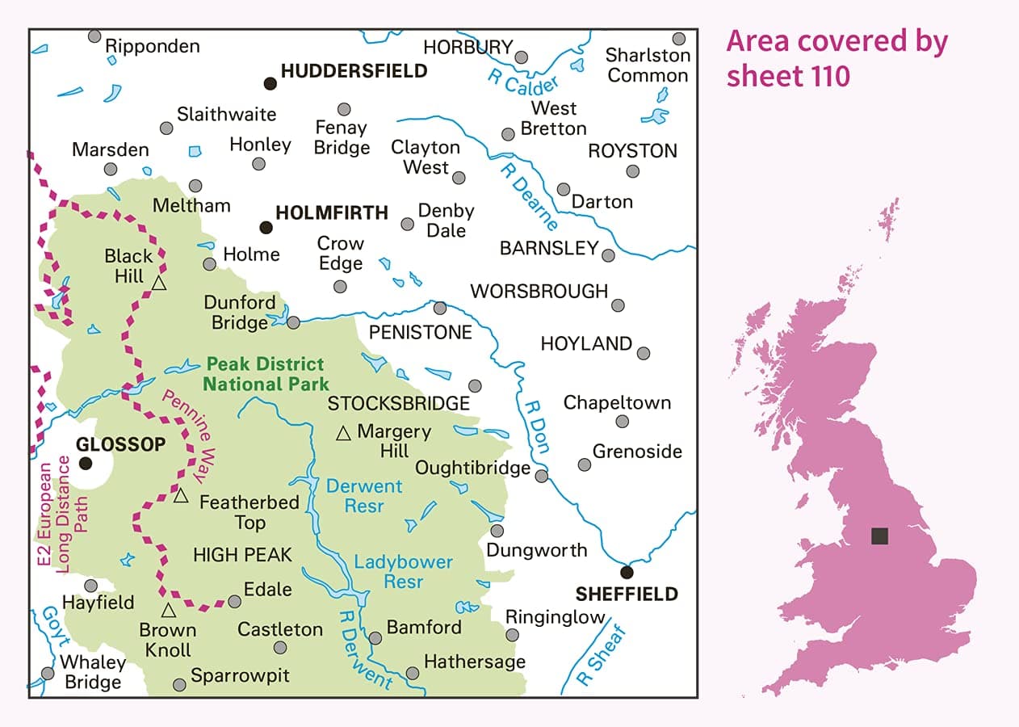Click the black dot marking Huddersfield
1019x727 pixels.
pos(270,82)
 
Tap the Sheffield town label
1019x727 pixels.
pos(626,595)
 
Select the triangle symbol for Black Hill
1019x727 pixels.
pos(159,283)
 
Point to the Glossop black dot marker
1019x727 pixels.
pos(86,463)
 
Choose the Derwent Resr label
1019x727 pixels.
pos(363,496)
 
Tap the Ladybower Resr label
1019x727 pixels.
pos(404,571)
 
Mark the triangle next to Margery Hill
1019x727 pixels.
pos(343,434)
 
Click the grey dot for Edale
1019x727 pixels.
pos(234,601)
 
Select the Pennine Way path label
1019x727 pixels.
pos(190,428)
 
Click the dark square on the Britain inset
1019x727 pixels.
pos(880,536)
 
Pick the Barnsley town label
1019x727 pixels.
pos(549,248)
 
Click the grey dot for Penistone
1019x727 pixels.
pos(440,308)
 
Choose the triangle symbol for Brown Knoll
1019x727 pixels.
pos(168,610)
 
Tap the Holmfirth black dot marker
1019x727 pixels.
pos(265,227)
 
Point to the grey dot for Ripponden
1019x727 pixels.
pos(94,36)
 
